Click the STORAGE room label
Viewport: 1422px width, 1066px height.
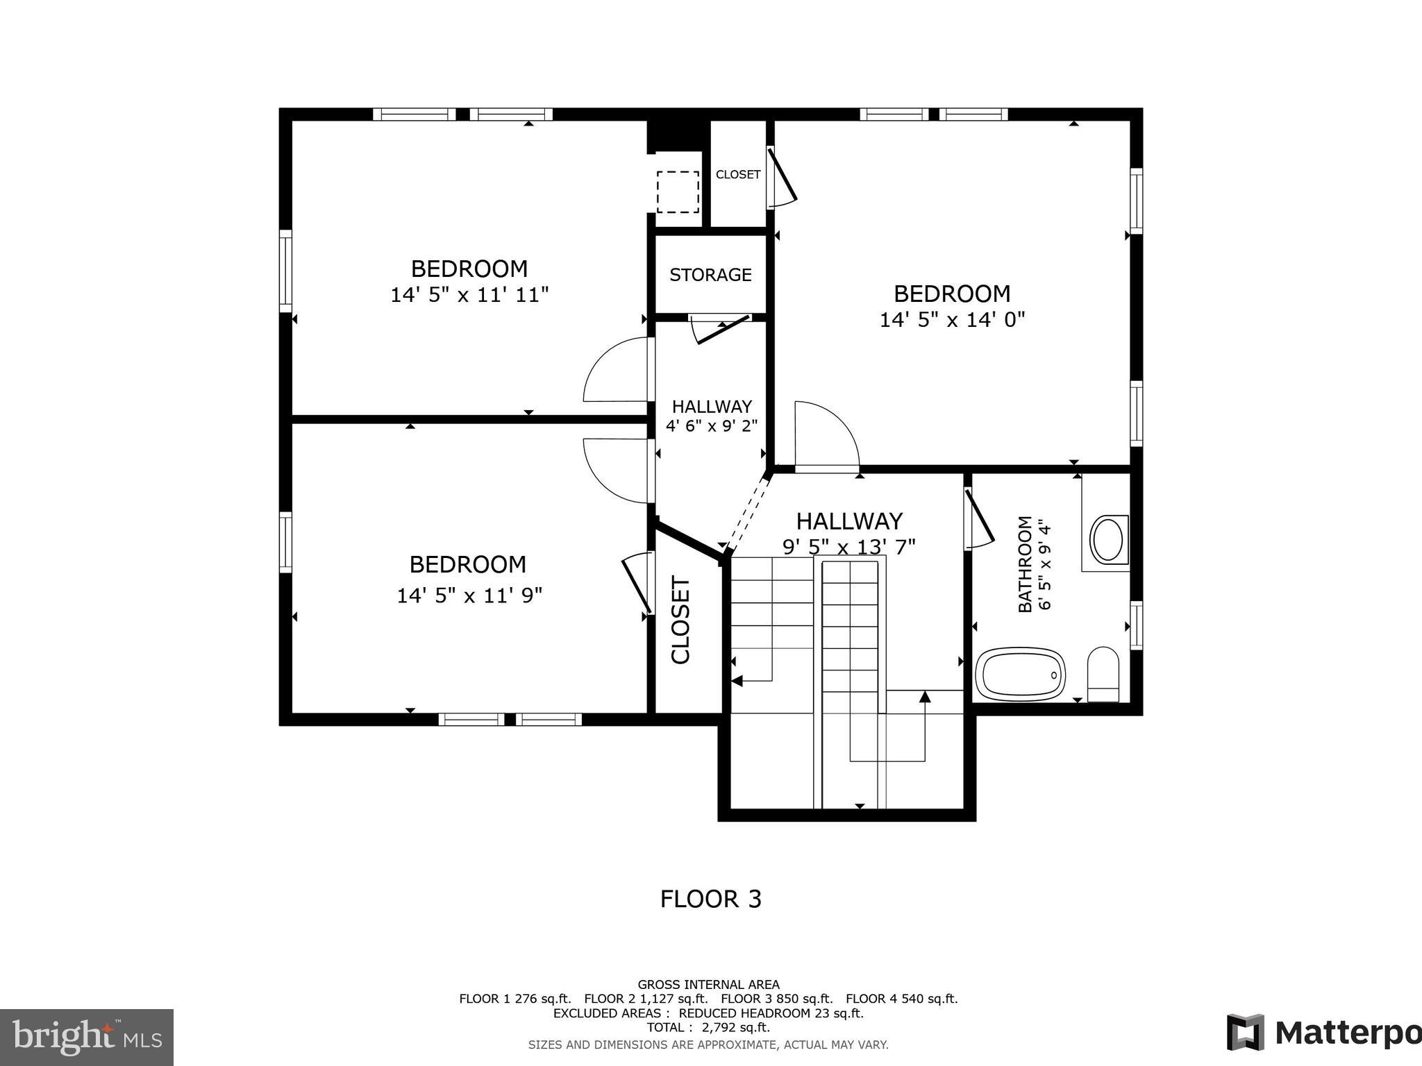pyautogui.click(x=710, y=275)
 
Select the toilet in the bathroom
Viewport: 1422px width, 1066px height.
pyautogui.click(x=1103, y=673)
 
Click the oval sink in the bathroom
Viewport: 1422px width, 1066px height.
pyautogui.click(x=1108, y=540)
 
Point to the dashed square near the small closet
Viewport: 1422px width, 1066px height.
pyautogui.click(x=678, y=192)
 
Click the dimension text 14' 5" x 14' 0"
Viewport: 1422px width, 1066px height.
pyautogui.click(x=952, y=320)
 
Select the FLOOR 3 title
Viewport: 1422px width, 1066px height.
pyautogui.click(x=710, y=899)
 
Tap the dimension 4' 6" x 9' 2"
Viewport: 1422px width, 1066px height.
pyautogui.click(x=711, y=425)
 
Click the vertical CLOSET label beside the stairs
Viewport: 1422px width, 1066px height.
pyautogui.click(x=680, y=620)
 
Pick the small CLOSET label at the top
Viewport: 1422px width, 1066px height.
pyautogui.click(x=737, y=175)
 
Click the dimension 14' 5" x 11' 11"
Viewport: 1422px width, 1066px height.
pyautogui.click(x=469, y=295)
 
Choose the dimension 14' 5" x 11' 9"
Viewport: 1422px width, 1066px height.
pyautogui.click(x=469, y=595)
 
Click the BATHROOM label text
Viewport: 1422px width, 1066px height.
pyautogui.click(x=1025, y=564)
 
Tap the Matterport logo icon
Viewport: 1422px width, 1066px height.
pyautogui.click(x=1244, y=1032)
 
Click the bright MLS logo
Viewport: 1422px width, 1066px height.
pyautogui.click(x=86, y=1037)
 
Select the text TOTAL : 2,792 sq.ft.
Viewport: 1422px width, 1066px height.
pyautogui.click(x=708, y=1028)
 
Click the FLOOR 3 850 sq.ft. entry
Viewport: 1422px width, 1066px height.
pyautogui.click(x=776, y=999)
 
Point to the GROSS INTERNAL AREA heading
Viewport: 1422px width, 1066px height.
pyautogui.click(x=708, y=985)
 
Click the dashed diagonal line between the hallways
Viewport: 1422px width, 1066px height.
pyautogui.click(x=745, y=514)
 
